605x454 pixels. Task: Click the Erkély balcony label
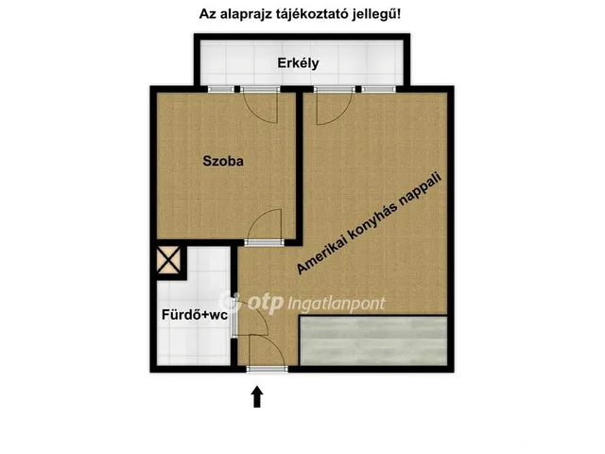coord(298,63)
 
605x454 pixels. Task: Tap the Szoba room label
coord(223,161)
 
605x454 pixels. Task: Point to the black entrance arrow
coord(256,395)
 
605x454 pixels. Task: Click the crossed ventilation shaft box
coord(170,261)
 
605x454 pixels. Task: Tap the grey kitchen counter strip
coord(372,340)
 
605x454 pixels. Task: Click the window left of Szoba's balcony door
coord(221,88)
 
